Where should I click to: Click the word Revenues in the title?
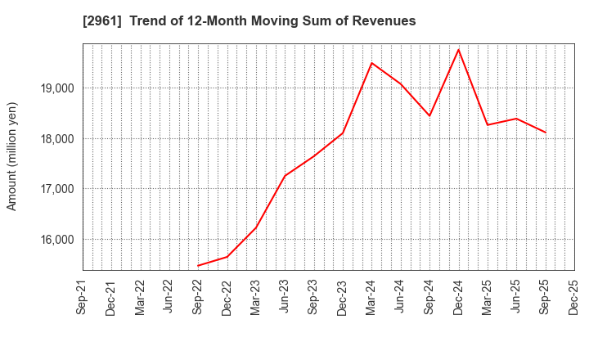[x=384, y=21]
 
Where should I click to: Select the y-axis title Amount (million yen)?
[x=12, y=156]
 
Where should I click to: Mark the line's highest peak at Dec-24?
[x=458, y=50]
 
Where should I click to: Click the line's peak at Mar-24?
[x=371, y=63]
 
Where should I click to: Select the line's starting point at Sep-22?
[x=198, y=266]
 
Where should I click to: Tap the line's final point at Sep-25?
[x=545, y=133]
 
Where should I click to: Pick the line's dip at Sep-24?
[x=429, y=115]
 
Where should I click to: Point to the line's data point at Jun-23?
[x=285, y=176]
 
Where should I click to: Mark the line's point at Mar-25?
[x=488, y=125]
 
